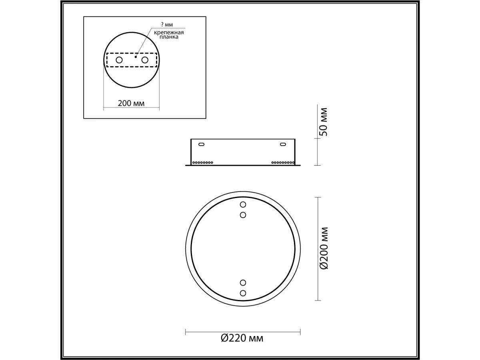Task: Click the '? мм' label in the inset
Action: [167, 24]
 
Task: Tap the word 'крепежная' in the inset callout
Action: [169, 33]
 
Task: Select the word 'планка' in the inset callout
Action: [169, 37]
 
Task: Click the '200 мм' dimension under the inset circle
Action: [131, 103]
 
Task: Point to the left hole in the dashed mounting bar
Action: [119, 60]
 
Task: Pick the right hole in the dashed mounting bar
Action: [145, 60]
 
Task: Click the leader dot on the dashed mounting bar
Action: [136, 57]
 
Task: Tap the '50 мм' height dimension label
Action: [324, 122]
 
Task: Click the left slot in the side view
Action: [202, 144]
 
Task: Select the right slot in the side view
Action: [283, 144]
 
